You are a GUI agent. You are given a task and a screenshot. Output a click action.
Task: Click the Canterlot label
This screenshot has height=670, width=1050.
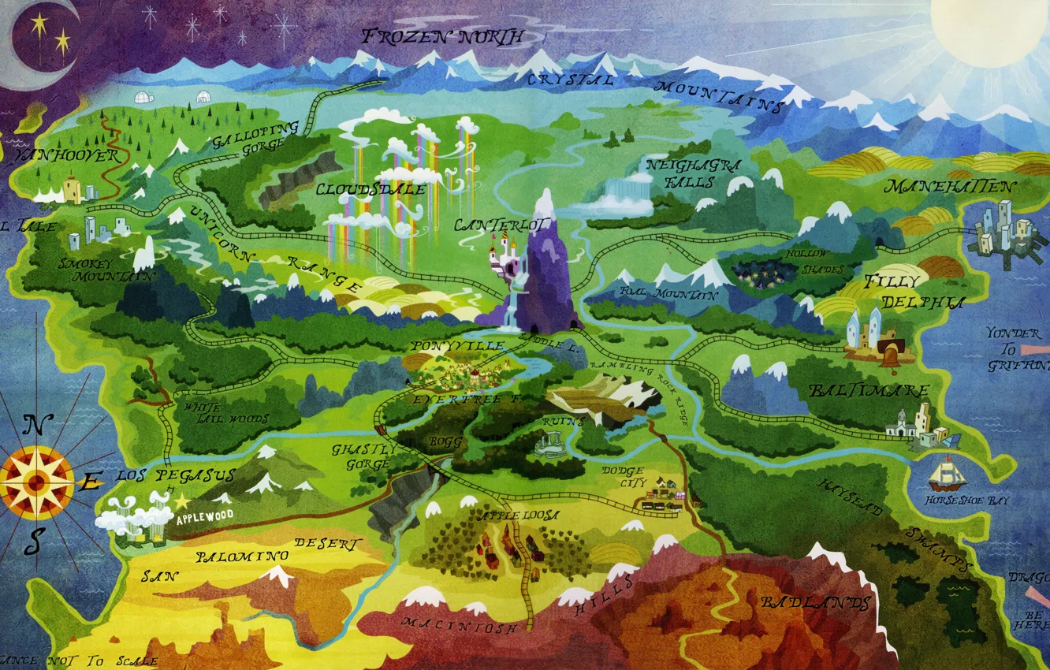pyautogui.click(x=490, y=225)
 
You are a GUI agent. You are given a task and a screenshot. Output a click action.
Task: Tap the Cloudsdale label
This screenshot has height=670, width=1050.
pyautogui.click(x=370, y=190)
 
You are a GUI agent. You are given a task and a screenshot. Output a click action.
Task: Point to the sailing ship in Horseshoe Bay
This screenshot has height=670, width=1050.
pyautogui.click(x=944, y=474)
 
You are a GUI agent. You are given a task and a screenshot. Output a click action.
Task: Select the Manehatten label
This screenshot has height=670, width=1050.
pyautogui.click(x=949, y=187)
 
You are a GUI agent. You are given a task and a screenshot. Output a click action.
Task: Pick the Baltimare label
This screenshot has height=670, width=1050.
pyautogui.click(x=868, y=391)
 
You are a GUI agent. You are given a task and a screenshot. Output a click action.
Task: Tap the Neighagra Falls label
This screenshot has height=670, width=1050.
pyautogui.click(x=683, y=173)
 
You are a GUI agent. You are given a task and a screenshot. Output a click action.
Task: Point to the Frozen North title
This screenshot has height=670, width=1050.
pyautogui.click(x=441, y=36)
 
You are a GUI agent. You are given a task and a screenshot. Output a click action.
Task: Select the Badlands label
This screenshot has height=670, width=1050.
pyautogui.click(x=816, y=604)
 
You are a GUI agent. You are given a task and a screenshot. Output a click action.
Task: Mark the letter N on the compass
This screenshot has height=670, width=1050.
pyautogui.click(x=33, y=426)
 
